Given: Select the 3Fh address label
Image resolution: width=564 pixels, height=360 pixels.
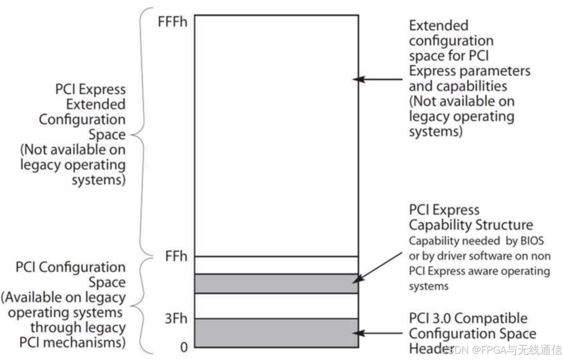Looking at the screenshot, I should tap(176, 320).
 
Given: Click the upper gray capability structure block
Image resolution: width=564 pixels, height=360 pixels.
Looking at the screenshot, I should tap(276, 284).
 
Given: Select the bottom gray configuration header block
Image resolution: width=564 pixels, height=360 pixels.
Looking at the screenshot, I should tap(276, 332).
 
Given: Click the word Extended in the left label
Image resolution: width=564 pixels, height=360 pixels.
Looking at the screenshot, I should tap(96, 104).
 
